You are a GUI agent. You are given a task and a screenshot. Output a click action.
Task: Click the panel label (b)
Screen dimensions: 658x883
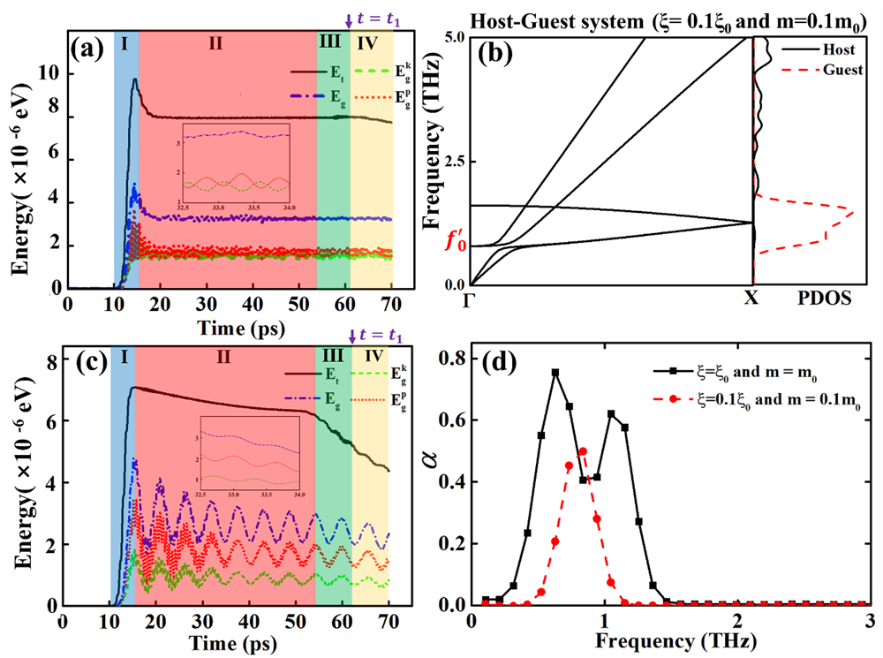[497, 58]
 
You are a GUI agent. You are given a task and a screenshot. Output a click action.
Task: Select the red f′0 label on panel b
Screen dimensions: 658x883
[452, 239]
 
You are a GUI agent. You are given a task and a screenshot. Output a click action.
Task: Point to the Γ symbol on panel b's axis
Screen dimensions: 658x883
[471, 299]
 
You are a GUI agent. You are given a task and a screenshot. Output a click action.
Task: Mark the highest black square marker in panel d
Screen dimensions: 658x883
[555, 373]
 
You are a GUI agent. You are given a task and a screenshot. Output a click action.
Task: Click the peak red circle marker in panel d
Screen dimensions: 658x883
[583, 451]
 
